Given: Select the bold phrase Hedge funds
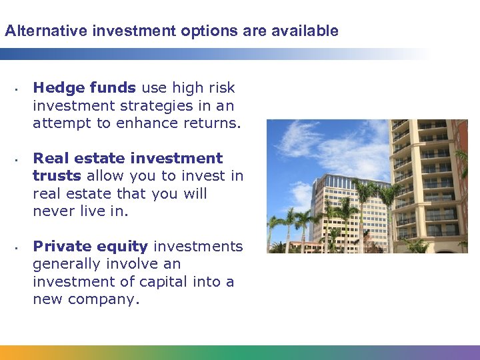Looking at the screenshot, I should (84, 88).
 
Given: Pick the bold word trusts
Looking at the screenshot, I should (57, 176).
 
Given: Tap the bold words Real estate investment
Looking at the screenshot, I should (127, 159).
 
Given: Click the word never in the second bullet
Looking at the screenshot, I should (52, 211).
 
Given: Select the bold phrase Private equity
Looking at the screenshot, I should (90, 247).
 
